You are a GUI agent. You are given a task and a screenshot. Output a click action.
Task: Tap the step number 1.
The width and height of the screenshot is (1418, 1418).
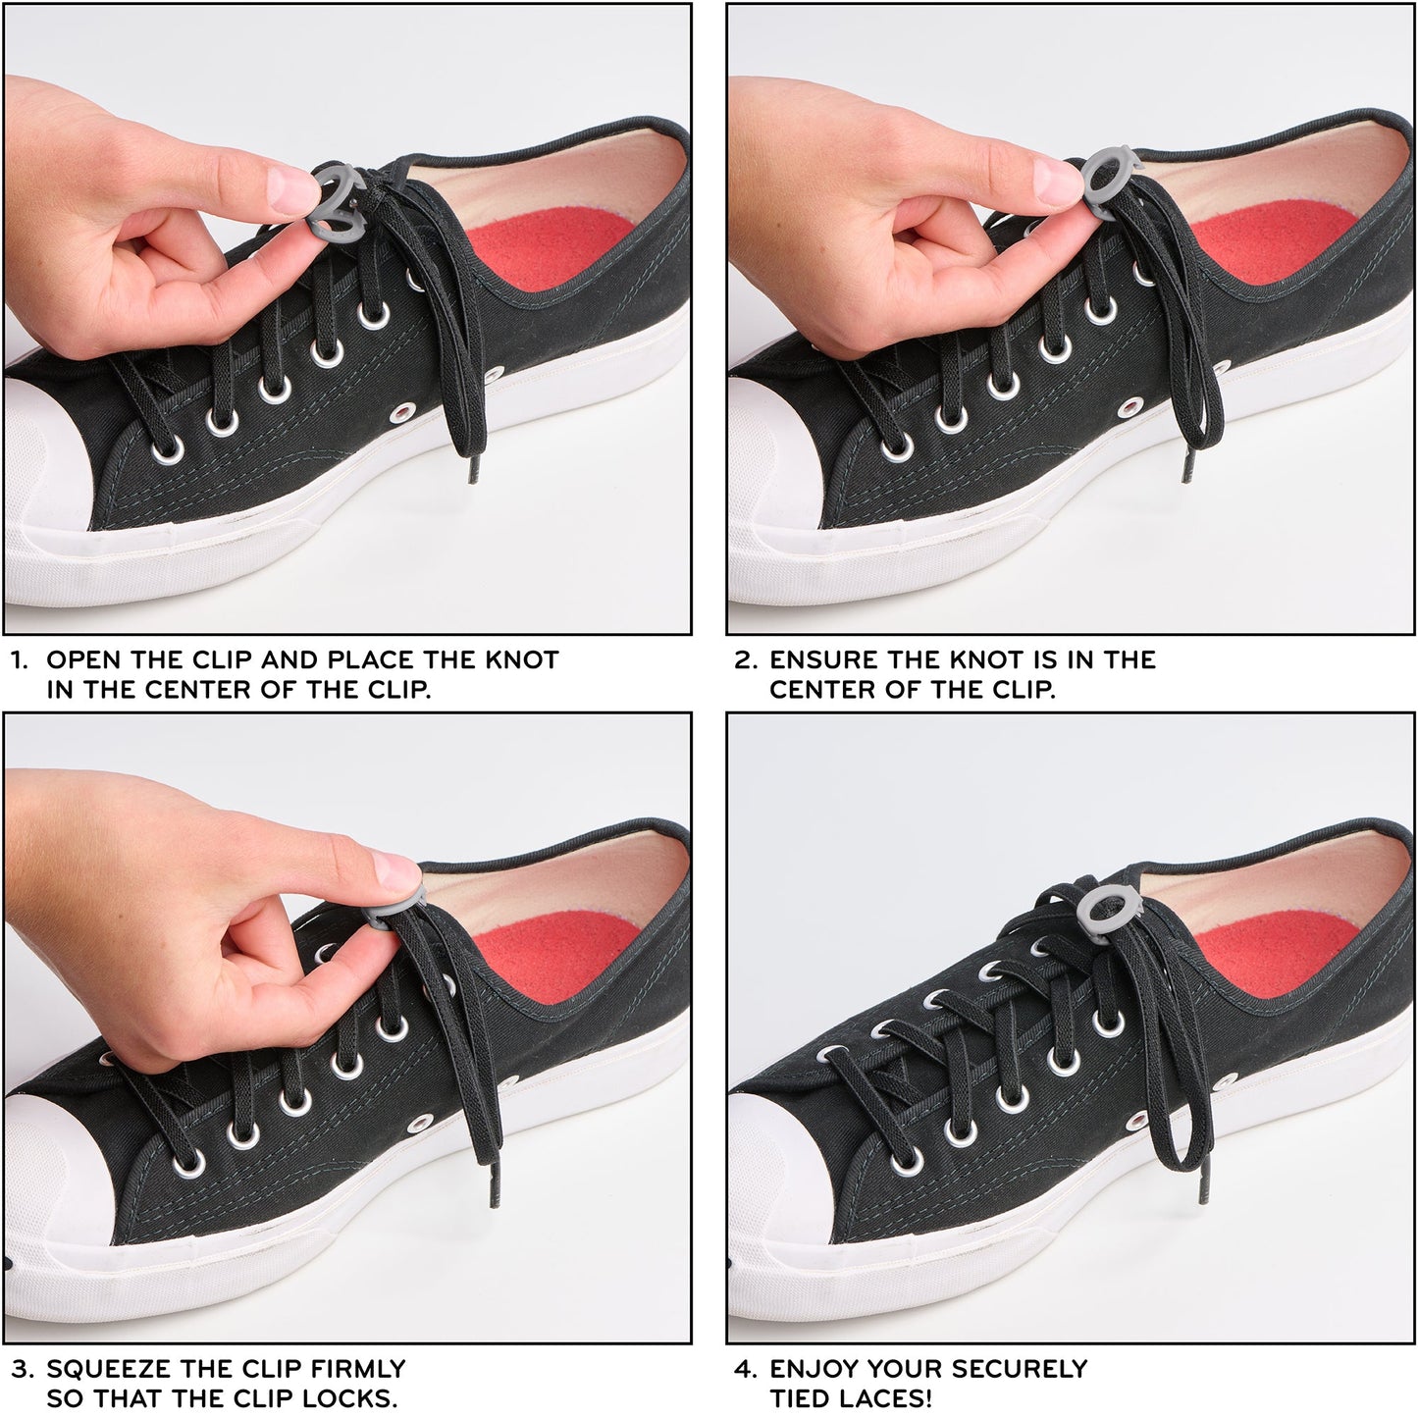(19, 659)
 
